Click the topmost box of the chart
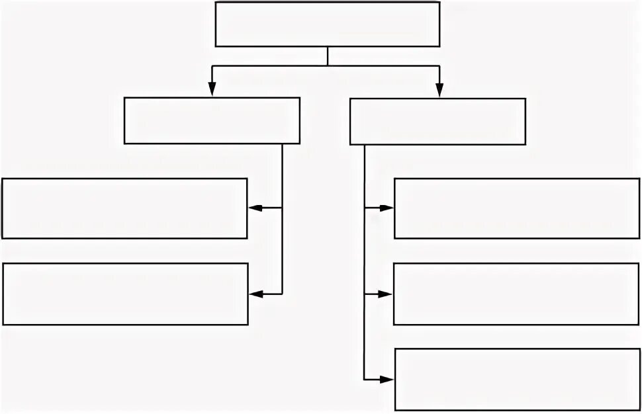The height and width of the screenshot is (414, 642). click(x=328, y=24)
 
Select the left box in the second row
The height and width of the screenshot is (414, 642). click(x=212, y=120)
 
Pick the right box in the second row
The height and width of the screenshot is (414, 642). click(x=437, y=121)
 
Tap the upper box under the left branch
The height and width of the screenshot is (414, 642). click(x=124, y=208)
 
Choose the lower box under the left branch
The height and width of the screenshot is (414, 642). click(x=125, y=294)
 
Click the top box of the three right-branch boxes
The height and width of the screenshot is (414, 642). click(x=517, y=208)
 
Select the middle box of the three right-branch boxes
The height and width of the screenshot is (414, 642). click(x=516, y=294)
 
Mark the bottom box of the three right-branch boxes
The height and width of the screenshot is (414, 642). click(x=517, y=379)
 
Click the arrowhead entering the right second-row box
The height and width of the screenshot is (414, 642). click(x=438, y=90)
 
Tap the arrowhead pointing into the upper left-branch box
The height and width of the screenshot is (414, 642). click(x=255, y=208)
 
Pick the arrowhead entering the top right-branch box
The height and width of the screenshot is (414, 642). click(x=386, y=208)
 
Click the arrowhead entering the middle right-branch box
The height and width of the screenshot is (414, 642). click(x=385, y=294)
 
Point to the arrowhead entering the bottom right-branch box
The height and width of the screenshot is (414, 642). click(x=386, y=380)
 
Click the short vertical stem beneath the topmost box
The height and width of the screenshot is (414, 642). click(x=328, y=56)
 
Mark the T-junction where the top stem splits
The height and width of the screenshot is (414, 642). click(x=328, y=65)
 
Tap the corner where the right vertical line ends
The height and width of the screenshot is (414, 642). click(x=365, y=380)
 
